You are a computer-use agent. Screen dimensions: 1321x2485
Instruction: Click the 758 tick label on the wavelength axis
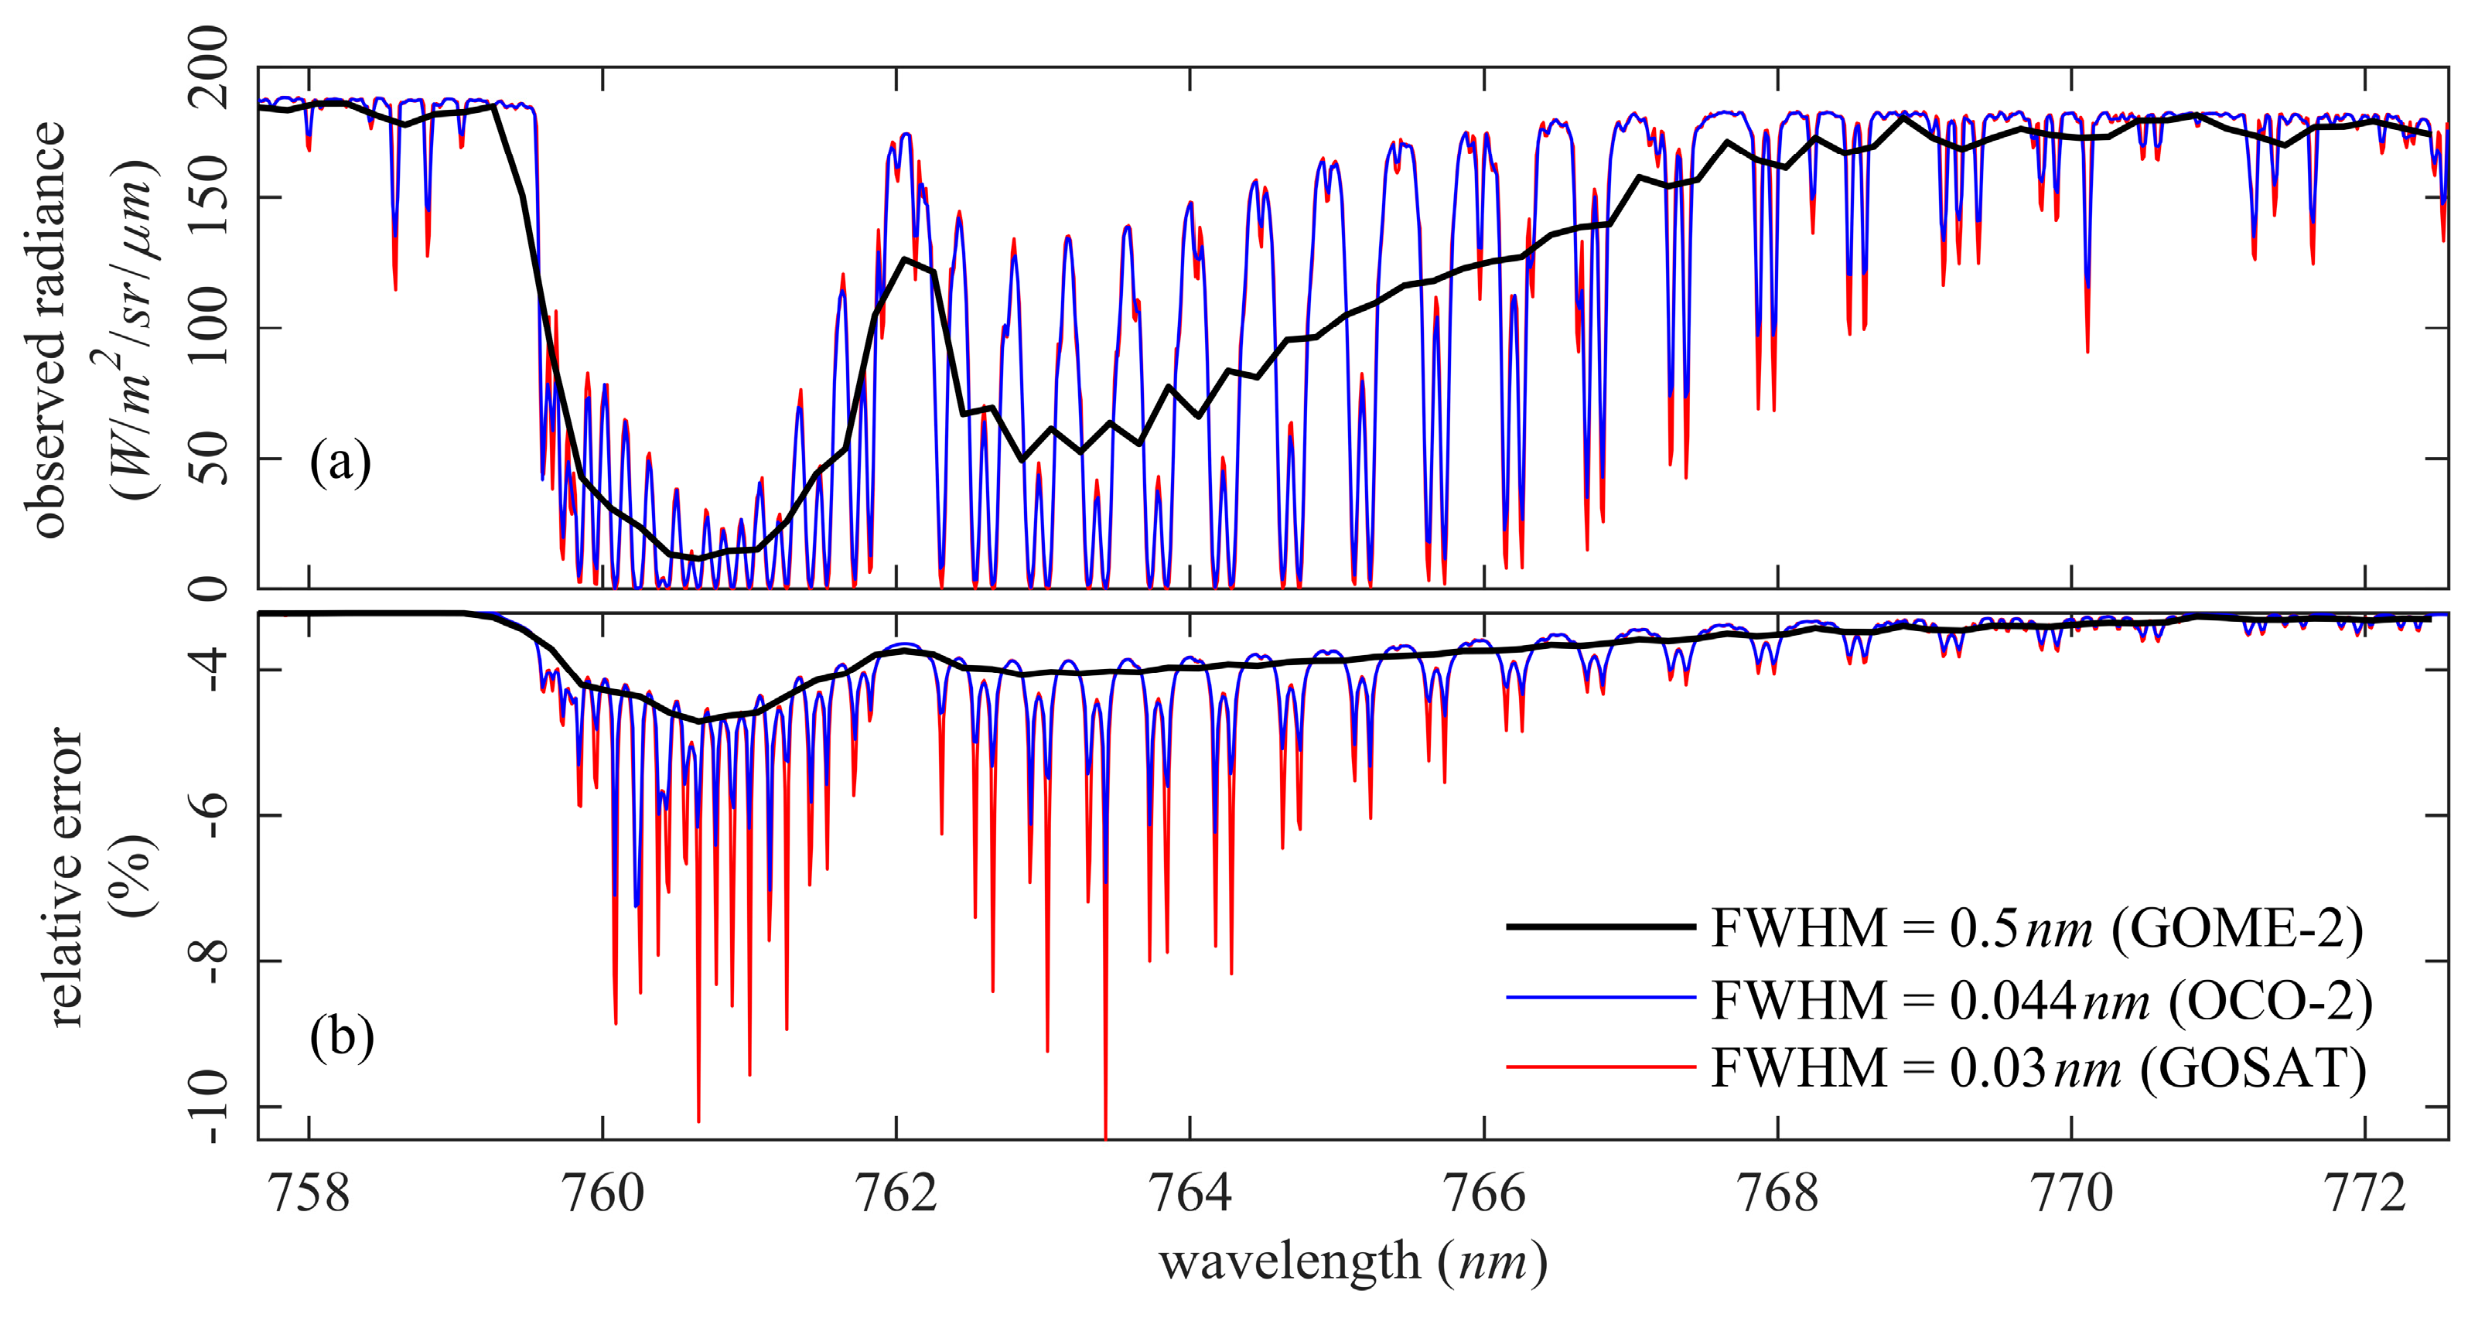[x=309, y=1195]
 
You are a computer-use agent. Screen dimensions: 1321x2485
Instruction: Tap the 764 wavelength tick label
[x=1190, y=1195]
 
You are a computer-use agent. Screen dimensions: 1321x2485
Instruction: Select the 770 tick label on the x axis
[x=2071, y=1195]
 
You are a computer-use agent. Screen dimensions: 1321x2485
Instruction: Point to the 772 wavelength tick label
[x=2365, y=1195]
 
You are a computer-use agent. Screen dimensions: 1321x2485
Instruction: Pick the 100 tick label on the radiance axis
[x=207, y=327]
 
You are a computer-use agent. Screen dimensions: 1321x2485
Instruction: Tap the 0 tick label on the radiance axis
[x=207, y=588]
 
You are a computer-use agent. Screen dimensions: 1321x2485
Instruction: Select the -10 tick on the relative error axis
[x=207, y=1106]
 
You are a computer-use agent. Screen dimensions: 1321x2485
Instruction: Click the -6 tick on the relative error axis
[x=207, y=815]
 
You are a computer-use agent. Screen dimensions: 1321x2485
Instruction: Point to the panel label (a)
[x=340, y=463]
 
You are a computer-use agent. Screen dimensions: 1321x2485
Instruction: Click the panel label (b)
[x=340, y=1038]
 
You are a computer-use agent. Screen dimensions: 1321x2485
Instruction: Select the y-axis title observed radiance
[x=48, y=328]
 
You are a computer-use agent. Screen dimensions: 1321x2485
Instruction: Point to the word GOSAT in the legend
[x=2252, y=1069]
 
